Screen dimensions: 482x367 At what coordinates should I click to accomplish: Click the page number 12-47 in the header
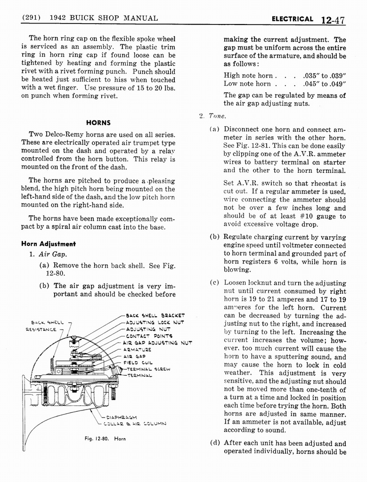click(x=333, y=20)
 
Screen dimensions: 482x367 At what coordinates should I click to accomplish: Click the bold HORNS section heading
click(x=98, y=122)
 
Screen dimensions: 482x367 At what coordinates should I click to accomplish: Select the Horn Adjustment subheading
click(x=49, y=244)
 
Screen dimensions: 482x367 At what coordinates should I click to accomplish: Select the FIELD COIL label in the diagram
click(x=138, y=363)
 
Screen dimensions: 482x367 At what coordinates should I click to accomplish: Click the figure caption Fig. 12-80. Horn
click(x=105, y=439)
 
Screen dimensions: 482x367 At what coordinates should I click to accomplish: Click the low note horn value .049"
click(x=337, y=84)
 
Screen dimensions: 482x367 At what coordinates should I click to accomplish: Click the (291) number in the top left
click(x=31, y=18)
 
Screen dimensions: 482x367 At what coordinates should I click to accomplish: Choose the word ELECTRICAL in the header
click(x=292, y=19)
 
